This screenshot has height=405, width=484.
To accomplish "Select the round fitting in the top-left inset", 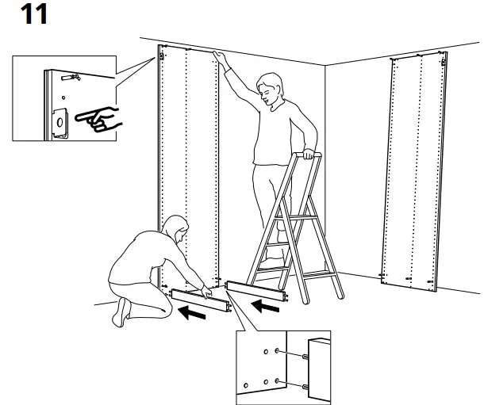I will pyautogui.click(x=59, y=121).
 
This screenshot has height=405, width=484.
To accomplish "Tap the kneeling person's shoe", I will pyautogui.click(x=122, y=311).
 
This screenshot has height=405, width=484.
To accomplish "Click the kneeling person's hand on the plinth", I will pyautogui.click(x=206, y=289).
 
